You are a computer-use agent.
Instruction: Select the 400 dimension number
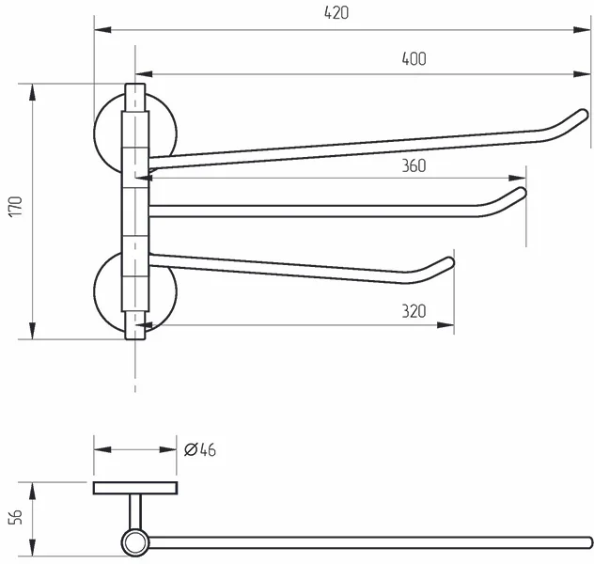click(x=414, y=58)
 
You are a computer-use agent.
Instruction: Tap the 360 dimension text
click(x=414, y=166)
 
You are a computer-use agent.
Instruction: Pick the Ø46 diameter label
click(x=200, y=449)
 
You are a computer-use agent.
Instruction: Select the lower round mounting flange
click(x=111, y=291)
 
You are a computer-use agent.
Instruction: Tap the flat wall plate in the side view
click(x=135, y=488)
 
